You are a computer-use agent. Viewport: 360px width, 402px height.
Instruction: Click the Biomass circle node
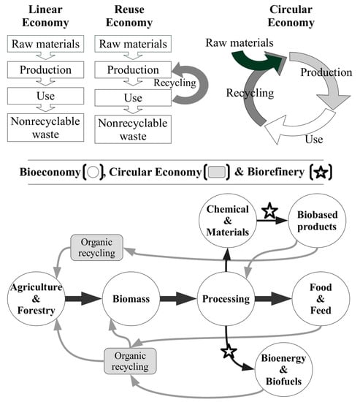(x=131, y=299)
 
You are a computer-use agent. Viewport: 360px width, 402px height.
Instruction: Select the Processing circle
(x=226, y=299)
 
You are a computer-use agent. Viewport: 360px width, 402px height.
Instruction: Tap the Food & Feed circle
(x=321, y=299)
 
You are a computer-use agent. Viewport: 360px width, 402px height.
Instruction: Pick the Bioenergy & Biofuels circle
(x=283, y=369)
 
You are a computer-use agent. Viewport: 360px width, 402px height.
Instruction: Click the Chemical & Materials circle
(x=228, y=221)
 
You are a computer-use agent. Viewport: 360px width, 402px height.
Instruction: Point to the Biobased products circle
(x=317, y=221)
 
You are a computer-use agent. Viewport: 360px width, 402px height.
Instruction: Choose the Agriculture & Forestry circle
(x=36, y=299)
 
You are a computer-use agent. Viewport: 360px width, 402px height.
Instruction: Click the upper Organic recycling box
(x=96, y=248)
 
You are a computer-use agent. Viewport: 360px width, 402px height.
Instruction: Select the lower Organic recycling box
(x=130, y=361)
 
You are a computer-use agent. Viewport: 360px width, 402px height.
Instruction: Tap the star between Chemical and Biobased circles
(x=269, y=211)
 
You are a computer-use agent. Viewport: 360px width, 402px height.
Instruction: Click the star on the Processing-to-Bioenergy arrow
(x=229, y=352)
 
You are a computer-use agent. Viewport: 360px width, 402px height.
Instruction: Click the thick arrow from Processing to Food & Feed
(x=273, y=299)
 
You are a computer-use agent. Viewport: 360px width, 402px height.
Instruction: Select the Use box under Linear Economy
(x=45, y=96)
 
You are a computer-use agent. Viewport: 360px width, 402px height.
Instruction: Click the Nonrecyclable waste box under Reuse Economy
(x=133, y=129)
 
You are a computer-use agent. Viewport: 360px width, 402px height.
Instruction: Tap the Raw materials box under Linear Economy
(x=45, y=44)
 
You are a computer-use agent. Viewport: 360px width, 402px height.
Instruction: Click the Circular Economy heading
(x=291, y=16)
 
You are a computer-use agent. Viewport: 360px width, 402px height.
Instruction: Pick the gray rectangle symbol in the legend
(x=217, y=172)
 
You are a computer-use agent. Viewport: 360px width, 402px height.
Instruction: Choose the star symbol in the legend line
(x=321, y=172)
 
